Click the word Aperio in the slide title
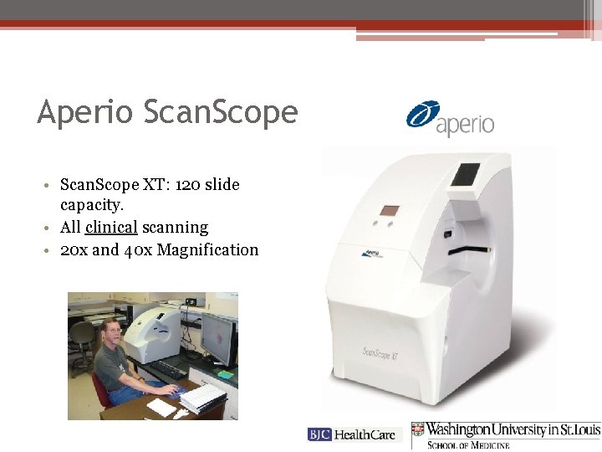click(x=84, y=111)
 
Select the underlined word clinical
click(x=110, y=227)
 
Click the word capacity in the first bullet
click(x=91, y=205)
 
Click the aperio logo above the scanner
click(x=450, y=119)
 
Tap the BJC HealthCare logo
click(x=355, y=434)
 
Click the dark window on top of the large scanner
click(x=465, y=174)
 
